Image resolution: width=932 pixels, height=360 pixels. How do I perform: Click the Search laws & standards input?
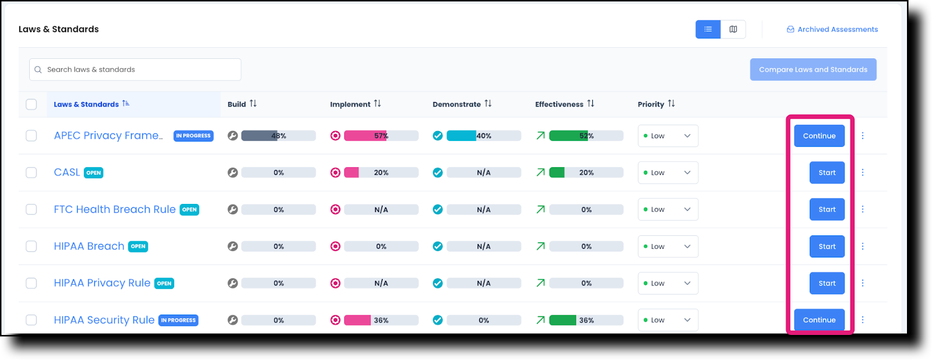coord(135,69)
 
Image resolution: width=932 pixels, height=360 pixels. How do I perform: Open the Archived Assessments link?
coord(832,29)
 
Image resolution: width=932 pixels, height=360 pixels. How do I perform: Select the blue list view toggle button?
coord(708,29)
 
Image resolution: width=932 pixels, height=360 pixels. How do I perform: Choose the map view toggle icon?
coord(733,29)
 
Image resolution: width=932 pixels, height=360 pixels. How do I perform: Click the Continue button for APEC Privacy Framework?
coord(819,136)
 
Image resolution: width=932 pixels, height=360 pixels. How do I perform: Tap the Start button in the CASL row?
coord(827,172)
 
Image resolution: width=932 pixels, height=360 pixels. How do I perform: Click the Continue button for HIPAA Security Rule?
coord(819,320)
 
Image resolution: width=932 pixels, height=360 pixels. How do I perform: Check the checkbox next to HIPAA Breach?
coord(31,246)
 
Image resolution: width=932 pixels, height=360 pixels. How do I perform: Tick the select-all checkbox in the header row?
coord(31,104)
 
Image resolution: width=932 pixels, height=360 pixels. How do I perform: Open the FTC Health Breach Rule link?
coord(115,209)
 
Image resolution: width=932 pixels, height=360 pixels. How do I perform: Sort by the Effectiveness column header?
coord(564,104)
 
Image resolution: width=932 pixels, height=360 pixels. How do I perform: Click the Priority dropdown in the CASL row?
coord(668,172)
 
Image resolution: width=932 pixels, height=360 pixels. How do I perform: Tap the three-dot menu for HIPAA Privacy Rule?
coord(863,283)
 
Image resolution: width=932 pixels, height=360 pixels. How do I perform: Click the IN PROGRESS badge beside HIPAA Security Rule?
coord(178,320)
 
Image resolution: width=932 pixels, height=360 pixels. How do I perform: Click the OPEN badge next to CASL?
coord(93,173)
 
